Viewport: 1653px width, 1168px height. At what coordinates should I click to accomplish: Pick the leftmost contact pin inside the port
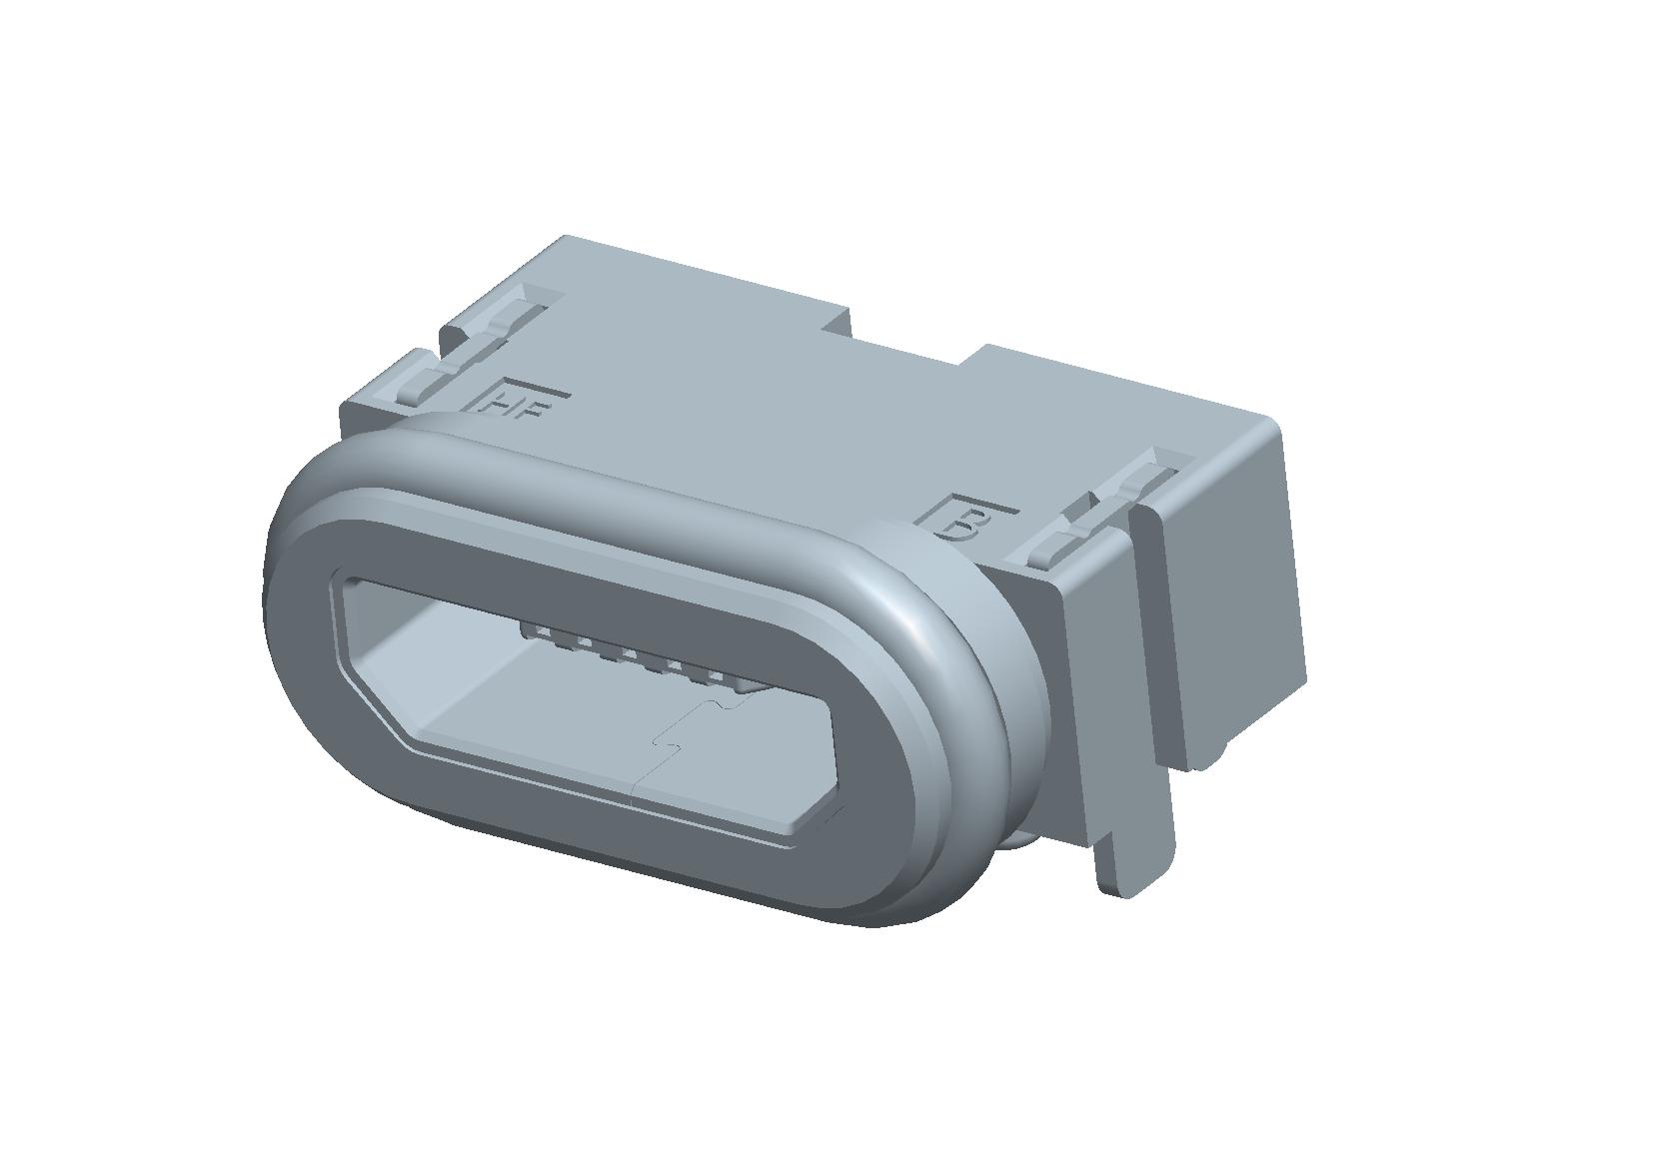pyautogui.click(x=535, y=631)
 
